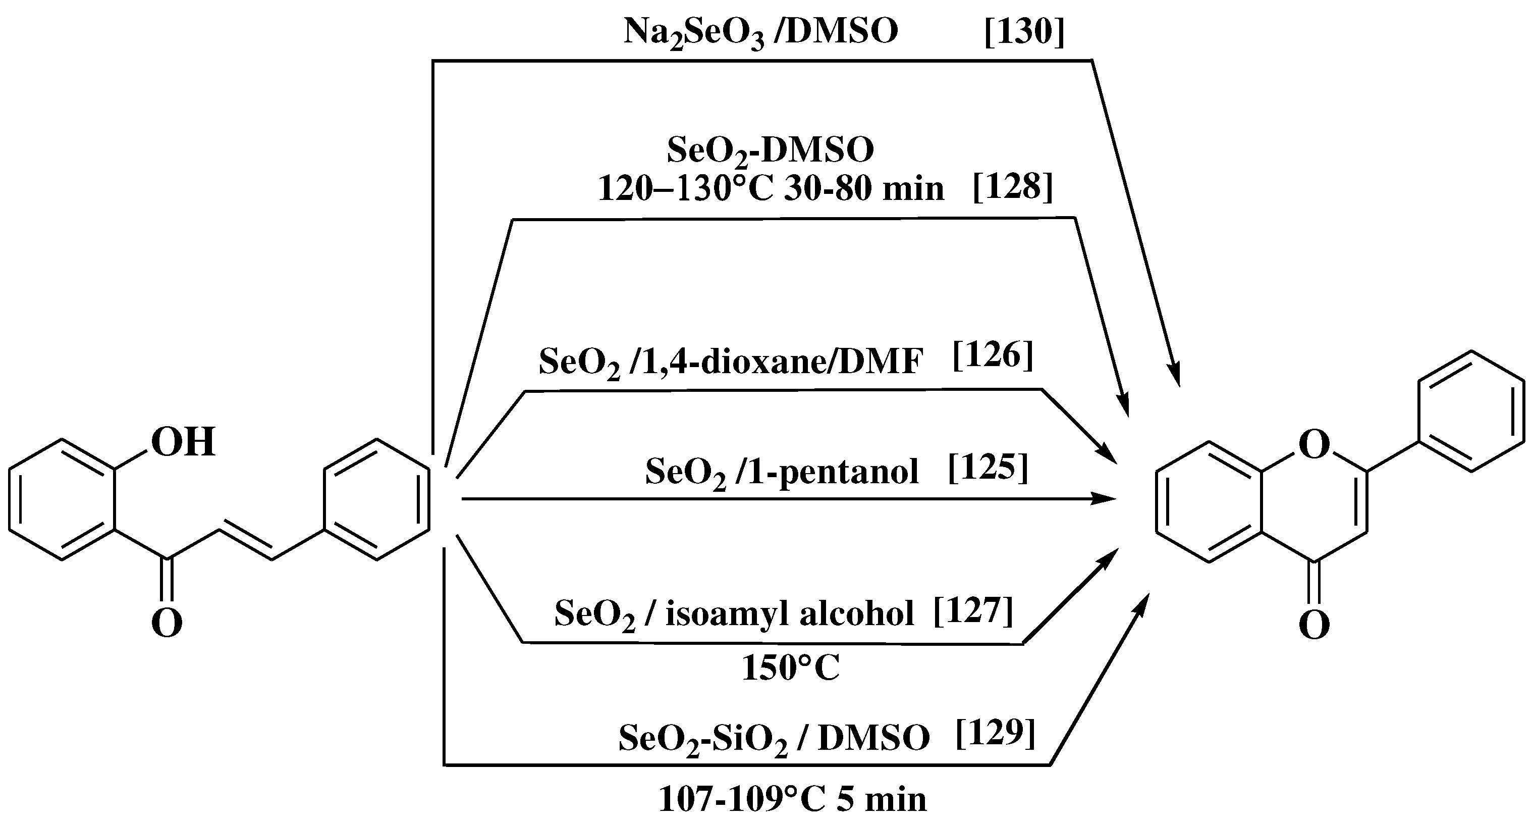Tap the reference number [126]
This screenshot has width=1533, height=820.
click(993, 356)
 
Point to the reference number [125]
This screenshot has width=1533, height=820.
click(988, 468)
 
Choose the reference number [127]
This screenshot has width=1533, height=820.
click(972, 611)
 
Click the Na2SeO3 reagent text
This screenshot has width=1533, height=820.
click(693, 33)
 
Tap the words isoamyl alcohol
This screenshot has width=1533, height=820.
click(789, 613)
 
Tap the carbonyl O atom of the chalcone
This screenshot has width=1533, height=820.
click(167, 623)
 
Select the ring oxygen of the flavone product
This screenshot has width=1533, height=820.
click(1314, 444)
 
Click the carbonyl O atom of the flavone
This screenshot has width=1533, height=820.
click(1314, 625)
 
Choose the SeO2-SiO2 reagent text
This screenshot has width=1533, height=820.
click(703, 738)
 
